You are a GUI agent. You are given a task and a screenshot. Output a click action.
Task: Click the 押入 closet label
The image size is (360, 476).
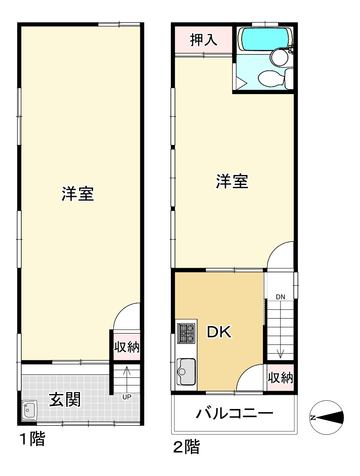[x=203, y=40]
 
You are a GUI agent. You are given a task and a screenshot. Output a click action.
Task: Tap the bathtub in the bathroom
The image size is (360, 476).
[x=264, y=38]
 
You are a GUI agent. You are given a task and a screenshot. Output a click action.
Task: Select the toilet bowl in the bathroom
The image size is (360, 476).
[x=269, y=78]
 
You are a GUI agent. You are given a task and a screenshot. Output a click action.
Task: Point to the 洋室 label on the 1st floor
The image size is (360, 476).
[x=78, y=194]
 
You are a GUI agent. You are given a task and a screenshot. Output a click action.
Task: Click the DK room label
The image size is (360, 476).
[x=219, y=332]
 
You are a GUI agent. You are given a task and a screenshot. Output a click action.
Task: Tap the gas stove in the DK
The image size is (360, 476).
[x=186, y=333]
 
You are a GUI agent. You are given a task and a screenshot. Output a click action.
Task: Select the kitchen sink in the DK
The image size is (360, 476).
[x=186, y=371]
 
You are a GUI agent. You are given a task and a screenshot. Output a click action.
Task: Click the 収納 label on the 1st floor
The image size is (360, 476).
[x=127, y=346]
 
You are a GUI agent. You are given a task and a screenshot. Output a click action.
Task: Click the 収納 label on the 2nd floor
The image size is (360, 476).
[x=280, y=378]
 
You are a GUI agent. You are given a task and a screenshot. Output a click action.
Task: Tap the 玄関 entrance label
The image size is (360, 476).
[x=65, y=400]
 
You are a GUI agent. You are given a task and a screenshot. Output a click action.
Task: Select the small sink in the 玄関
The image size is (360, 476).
[x=29, y=411]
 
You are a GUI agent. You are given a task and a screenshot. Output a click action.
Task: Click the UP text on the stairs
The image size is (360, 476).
[x=127, y=396]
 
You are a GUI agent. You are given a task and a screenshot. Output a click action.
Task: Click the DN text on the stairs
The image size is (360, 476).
[x=280, y=297]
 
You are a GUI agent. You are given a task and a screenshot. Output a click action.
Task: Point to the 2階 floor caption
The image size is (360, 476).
[x=186, y=447]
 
